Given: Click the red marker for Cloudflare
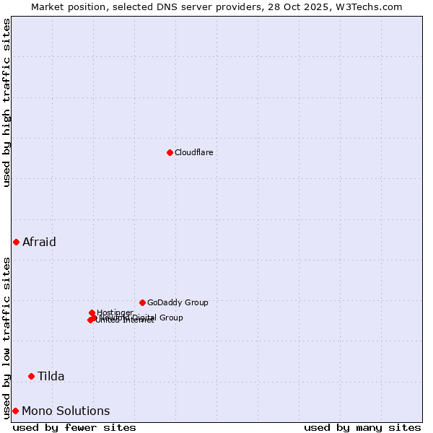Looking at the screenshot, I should click(170, 152).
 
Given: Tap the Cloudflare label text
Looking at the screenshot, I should click(194, 152).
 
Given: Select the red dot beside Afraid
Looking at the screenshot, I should click(16, 242).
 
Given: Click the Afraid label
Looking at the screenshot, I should click(39, 242).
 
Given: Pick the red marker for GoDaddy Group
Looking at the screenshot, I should click(142, 302).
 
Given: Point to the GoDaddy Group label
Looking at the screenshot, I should click(178, 302).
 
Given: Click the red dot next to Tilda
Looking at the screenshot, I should click(31, 376).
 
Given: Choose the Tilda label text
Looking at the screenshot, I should click(51, 376).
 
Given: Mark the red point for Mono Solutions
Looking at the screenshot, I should click(15, 411).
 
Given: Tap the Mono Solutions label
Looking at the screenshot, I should click(66, 411).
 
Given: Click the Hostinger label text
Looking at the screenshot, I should click(115, 312).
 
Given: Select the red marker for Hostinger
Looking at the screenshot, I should click(92, 312).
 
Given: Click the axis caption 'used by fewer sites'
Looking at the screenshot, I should click(74, 427).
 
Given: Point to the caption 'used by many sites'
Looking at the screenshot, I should click(362, 427).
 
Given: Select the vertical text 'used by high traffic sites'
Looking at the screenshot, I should click(6, 102).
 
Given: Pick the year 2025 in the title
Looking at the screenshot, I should click(329, 6).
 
